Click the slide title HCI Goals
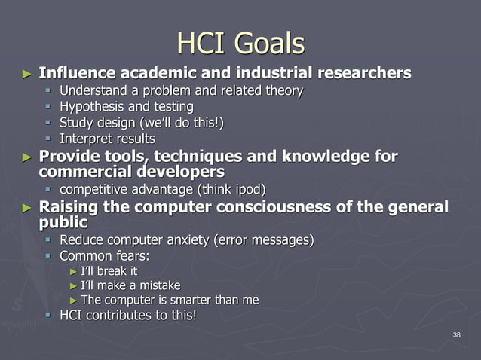coord(240,43)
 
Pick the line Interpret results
coord(107,139)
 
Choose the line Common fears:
coord(105,255)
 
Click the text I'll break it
coord(109,270)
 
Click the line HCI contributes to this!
coord(128,315)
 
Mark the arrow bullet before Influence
coord(27,74)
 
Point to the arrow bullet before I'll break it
coord(73,271)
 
